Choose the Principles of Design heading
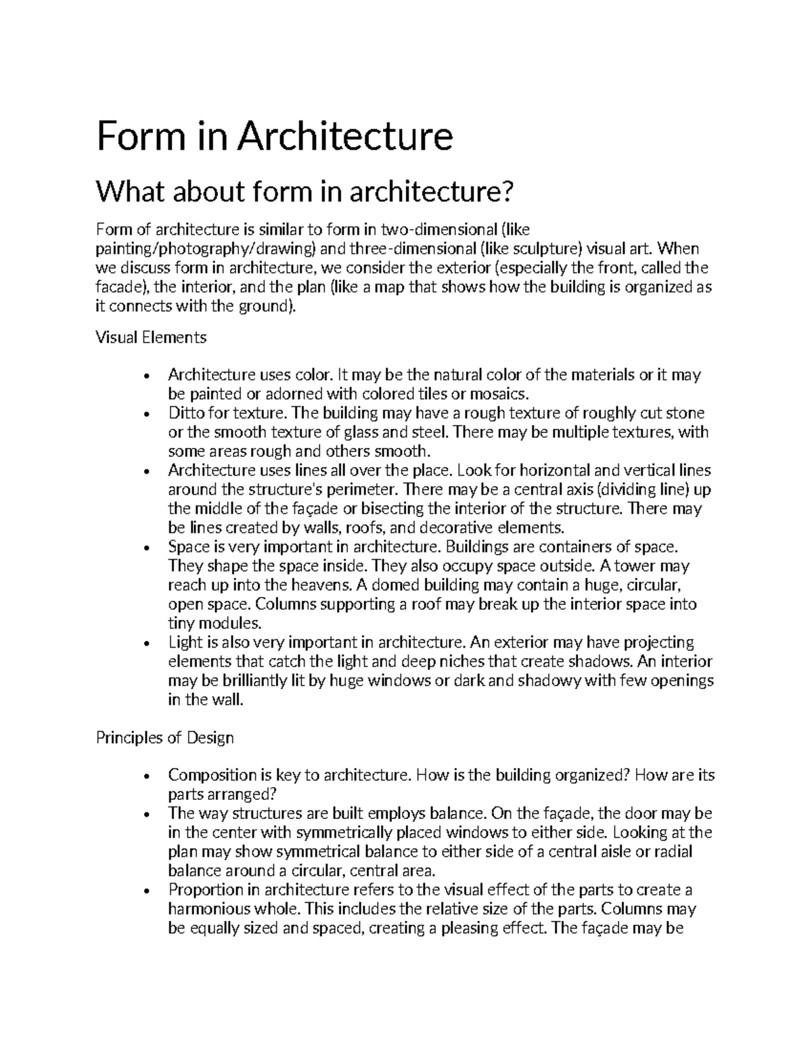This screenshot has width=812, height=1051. (x=165, y=737)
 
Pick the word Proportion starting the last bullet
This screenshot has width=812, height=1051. (x=206, y=889)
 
